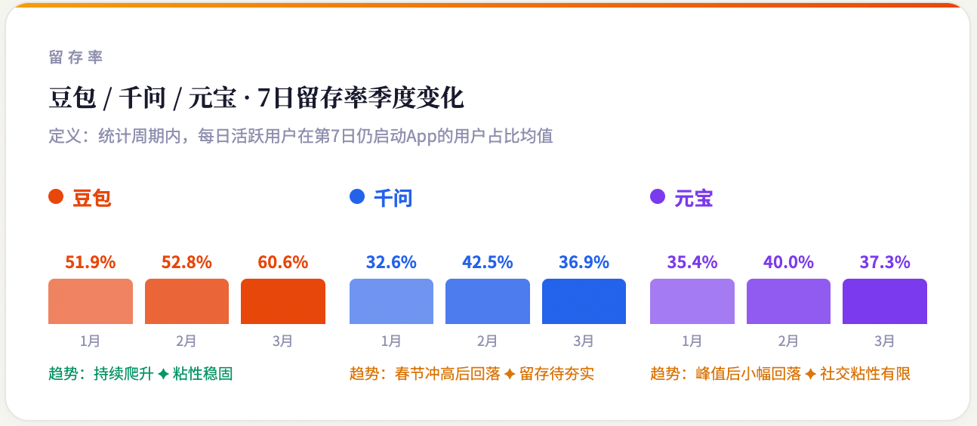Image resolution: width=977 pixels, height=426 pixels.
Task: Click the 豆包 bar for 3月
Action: point(283,301)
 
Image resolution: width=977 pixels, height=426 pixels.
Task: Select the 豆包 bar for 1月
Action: point(91,301)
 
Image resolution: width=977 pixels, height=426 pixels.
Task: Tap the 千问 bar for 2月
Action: point(488,301)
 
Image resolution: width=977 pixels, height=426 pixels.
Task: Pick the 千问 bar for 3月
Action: point(584,301)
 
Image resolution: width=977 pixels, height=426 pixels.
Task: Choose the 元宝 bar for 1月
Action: point(692,301)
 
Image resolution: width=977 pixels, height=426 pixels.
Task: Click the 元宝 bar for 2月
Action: point(788,301)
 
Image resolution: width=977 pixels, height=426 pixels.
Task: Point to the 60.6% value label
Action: point(283,263)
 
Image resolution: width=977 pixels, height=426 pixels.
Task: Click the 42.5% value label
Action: point(488,263)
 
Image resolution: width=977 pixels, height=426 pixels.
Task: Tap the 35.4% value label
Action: point(692,263)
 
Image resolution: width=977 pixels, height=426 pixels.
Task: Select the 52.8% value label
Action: point(186,263)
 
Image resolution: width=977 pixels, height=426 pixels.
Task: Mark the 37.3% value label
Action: point(885,263)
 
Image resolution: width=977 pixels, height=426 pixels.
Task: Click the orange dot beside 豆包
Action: point(56,197)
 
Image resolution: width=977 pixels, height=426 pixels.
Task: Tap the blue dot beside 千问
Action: point(357,197)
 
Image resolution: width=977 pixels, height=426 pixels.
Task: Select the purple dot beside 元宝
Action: point(658,197)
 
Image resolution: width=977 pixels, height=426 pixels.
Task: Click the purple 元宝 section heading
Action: point(694,199)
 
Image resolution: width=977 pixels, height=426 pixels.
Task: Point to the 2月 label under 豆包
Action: point(186,341)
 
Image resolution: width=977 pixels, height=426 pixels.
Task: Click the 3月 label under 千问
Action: point(584,341)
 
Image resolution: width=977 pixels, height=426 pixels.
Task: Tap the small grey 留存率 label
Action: point(76,57)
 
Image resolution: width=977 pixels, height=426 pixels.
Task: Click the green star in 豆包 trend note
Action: point(163,374)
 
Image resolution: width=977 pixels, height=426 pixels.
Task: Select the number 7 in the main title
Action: point(264,98)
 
